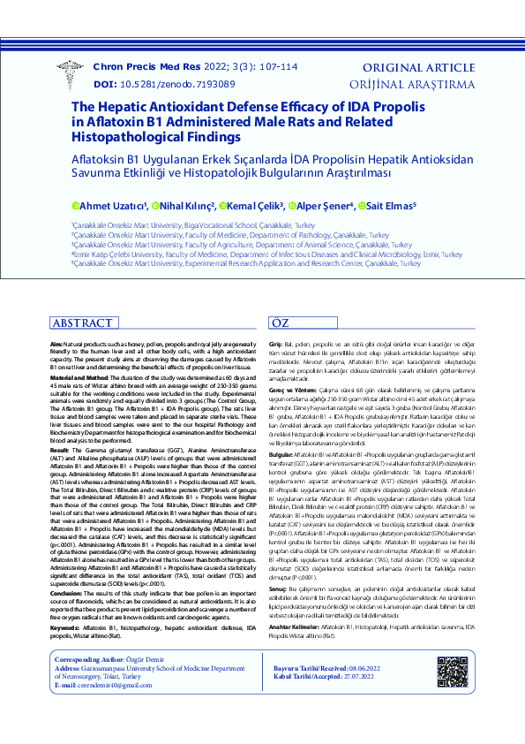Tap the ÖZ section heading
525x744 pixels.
tap(279, 323)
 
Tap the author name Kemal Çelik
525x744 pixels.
tap(256, 206)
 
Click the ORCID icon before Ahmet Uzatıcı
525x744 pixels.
tap(76, 206)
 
